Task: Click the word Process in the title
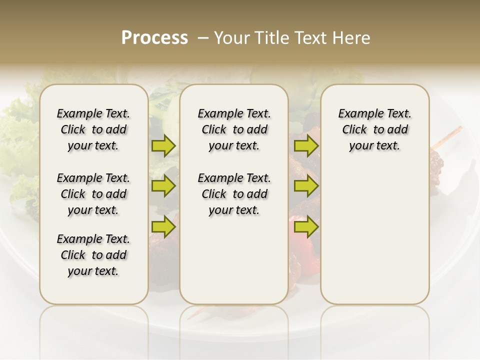coord(154,37)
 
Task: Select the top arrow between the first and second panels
coord(163,145)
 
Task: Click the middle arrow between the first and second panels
coord(163,186)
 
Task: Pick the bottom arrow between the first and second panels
coord(163,226)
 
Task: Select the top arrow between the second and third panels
coord(306,145)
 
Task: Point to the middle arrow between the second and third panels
coord(306,186)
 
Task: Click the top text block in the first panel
coord(93,129)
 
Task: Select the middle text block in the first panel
coord(93,194)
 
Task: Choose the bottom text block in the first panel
coord(93,255)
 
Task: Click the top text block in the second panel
coord(234,129)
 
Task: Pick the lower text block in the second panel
coord(234,194)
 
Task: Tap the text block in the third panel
coord(374,129)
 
